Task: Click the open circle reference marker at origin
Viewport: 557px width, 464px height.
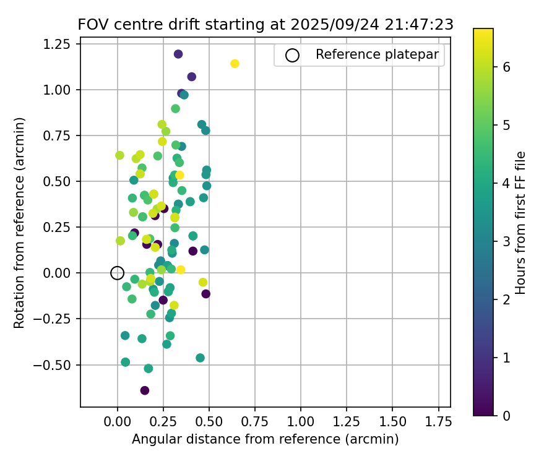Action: tap(117, 273)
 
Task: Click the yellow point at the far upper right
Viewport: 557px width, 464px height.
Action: tap(235, 64)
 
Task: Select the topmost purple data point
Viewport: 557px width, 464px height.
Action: tap(178, 54)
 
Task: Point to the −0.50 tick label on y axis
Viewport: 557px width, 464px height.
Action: tap(56, 364)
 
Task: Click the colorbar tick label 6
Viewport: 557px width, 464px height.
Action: tap(506, 67)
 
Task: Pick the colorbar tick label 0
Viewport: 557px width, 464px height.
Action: tap(506, 415)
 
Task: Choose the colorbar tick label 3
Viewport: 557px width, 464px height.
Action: tap(506, 241)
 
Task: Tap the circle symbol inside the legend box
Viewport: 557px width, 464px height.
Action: tap(292, 55)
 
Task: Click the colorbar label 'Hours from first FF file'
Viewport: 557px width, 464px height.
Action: tap(521, 222)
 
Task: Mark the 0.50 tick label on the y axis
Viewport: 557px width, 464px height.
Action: tap(60, 181)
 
